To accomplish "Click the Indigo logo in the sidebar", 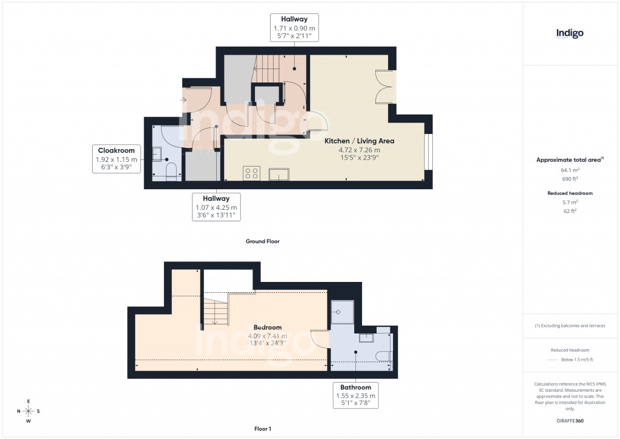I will click(x=570, y=34).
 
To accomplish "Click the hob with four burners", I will click(x=252, y=174).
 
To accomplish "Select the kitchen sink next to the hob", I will click(x=279, y=175).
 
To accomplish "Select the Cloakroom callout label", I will click(x=117, y=158).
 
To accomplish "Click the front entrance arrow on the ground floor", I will click(x=183, y=99).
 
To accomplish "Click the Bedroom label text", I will click(x=267, y=327).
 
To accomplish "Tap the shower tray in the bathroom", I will click(x=341, y=312).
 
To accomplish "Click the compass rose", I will click(x=28, y=411).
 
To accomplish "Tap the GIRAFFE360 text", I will click(x=570, y=421).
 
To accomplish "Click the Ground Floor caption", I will click(x=262, y=241).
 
